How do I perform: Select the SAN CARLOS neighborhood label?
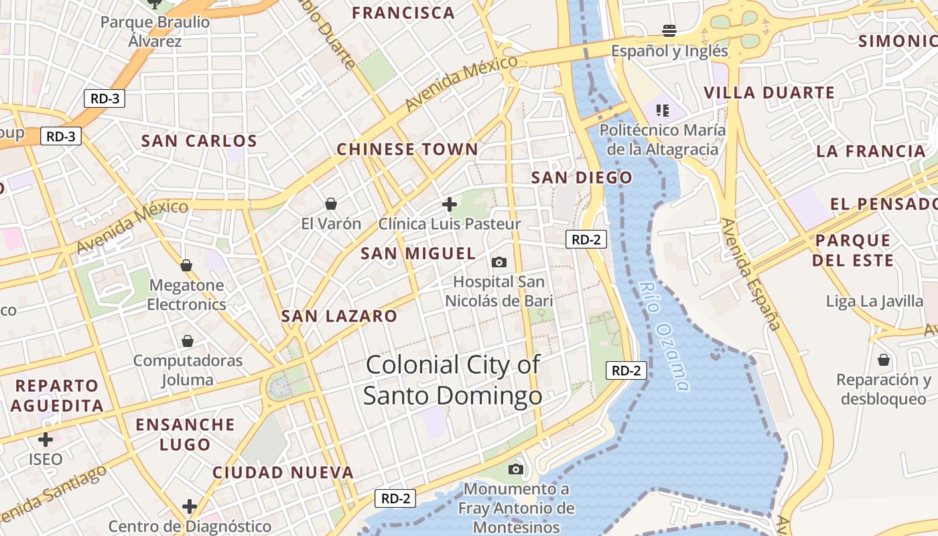(x=199, y=141)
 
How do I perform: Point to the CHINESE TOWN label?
(x=407, y=149)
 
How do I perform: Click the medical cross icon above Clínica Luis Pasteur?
(x=450, y=204)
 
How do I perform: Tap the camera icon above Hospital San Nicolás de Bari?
(x=498, y=262)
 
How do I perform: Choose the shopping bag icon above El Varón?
(x=330, y=203)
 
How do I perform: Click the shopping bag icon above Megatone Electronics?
(x=186, y=265)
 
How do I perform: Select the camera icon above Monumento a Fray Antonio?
(x=515, y=468)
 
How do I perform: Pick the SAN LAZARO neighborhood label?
(x=339, y=316)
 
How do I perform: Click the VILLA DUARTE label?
(x=769, y=92)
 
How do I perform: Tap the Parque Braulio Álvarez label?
(x=155, y=31)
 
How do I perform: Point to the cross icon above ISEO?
(x=46, y=440)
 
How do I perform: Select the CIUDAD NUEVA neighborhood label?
(x=283, y=472)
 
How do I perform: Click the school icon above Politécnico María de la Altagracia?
(x=662, y=110)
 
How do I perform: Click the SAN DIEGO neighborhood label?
(x=581, y=178)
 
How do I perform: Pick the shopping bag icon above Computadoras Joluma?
(x=188, y=341)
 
